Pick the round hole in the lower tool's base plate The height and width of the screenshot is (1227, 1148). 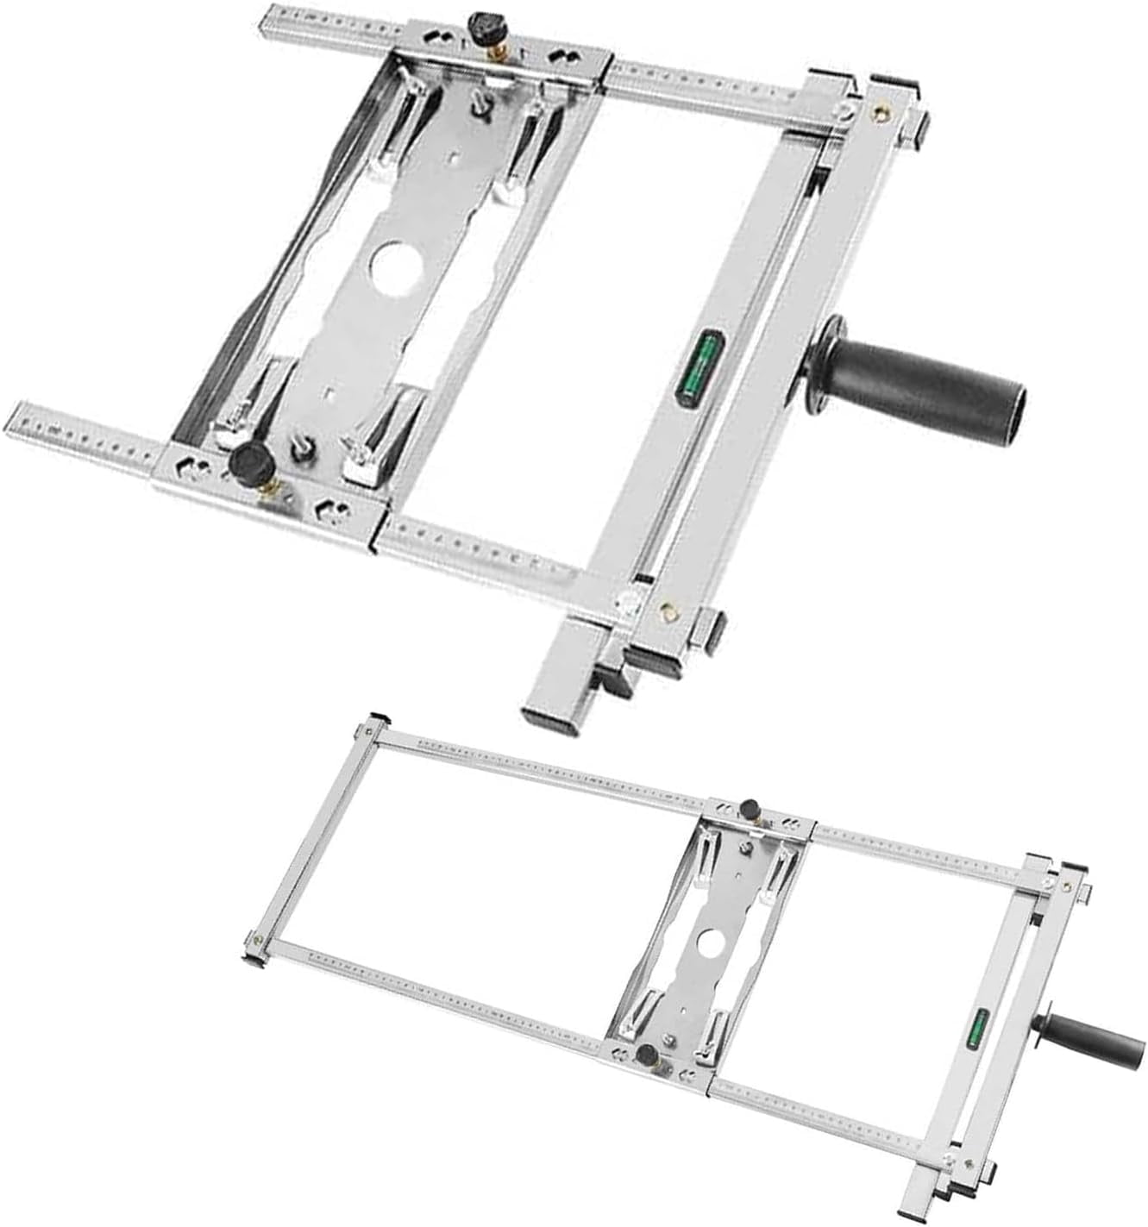pos(712,942)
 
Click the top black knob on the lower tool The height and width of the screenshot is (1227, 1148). pos(750,809)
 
